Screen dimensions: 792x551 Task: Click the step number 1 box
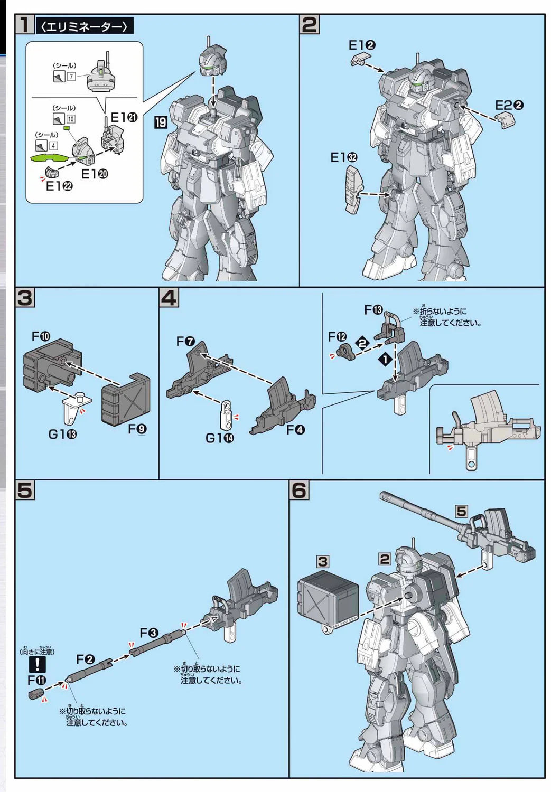pyautogui.click(x=24, y=25)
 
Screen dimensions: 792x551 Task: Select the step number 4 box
pyautogui.click(x=169, y=298)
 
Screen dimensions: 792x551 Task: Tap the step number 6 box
pyautogui.click(x=299, y=491)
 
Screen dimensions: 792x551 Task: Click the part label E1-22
pyautogui.click(x=59, y=186)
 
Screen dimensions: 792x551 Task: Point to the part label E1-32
pyautogui.click(x=344, y=158)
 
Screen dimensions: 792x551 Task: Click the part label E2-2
pyautogui.click(x=509, y=105)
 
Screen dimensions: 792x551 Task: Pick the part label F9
pyautogui.click(x=137, y=429)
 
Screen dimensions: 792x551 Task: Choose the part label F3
pyautogui.click(x=148, y=633)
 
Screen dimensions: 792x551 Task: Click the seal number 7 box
pyautogui.click(x=71, y=77)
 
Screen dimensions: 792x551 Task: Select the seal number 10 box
pyautogui.click(x=71, y=119)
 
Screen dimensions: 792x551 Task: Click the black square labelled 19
pyautogui.click(x=161, y=123)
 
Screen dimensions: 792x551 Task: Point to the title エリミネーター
pyautogui.click(x=84, y=26)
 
